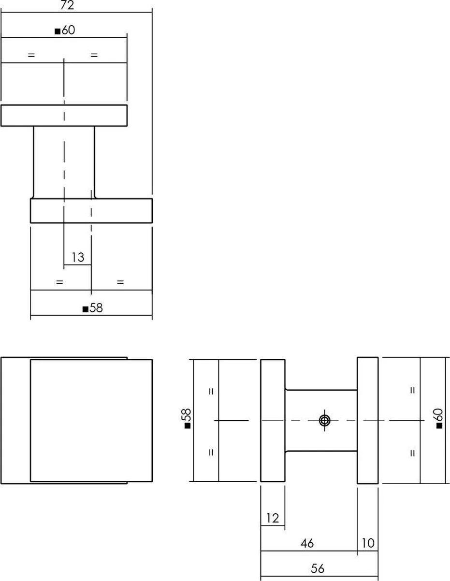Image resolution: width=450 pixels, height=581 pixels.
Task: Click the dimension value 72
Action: click(x=67, y=5)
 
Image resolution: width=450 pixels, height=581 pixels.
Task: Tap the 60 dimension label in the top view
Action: click(x=68, y=30)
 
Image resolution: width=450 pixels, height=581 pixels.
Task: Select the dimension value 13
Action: click(x=78, y=257)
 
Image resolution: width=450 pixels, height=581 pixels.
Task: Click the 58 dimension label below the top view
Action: click(x=96, y=308)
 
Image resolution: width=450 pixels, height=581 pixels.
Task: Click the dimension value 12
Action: click(x=273, y=519)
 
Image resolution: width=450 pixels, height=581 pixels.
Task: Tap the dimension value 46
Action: click(x=307, y=544)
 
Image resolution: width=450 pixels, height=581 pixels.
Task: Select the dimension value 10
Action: click(x=368, y=543)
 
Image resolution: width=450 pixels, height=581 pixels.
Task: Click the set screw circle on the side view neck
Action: click(x=324, y=421)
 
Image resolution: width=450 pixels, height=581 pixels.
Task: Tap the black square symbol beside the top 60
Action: click(x=58, y=31)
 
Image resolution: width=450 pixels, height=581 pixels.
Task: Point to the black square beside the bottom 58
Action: click(x=86, y=309)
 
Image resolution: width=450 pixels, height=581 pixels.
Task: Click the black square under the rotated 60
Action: click(x=439, y=426)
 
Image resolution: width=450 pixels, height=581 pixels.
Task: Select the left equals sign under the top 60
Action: click(x=31, y=55)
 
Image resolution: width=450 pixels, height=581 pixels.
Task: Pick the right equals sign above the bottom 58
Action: click(x=120, y=282)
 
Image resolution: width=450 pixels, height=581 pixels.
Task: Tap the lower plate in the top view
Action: click(x=91, y=211)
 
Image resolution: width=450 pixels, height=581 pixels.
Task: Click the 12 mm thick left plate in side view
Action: click(x=273, y=421)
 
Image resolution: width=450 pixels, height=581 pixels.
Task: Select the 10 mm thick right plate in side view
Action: click(x=368, y=421)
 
